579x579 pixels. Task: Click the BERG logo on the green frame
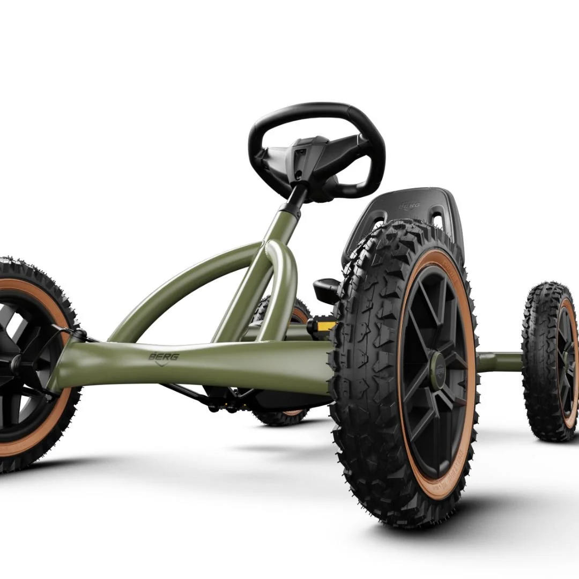click(164, 356)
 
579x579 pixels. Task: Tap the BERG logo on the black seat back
click(409, 205)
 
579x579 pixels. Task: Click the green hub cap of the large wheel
click(438, 369)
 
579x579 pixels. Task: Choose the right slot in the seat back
click(437, 219)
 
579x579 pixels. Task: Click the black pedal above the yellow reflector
click(326, 289)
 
